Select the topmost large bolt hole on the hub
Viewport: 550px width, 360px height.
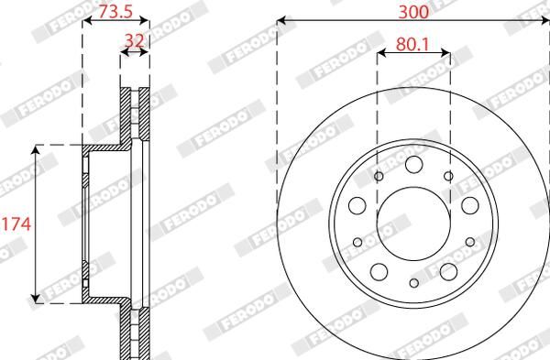[x=413, y=163]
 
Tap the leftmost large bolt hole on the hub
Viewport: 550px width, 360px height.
[x=357, y=204]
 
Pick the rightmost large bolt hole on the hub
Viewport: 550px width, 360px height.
[x=469, y=204]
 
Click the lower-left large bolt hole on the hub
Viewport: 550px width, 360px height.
[x=379, y=271]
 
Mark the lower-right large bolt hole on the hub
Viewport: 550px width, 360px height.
[x=448, y=271]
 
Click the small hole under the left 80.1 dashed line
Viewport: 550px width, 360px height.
[x=378, y=175]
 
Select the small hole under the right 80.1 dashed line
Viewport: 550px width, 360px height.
[x=448, y=175]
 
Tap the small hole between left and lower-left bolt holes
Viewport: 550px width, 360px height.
[x=357, y=242]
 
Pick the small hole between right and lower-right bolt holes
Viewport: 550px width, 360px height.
[x=470, y=242]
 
